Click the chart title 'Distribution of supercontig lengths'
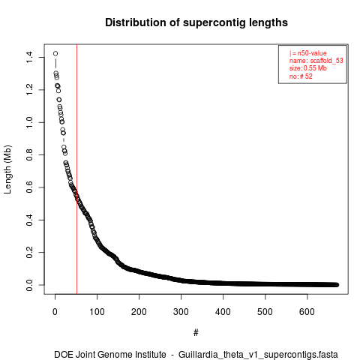196,22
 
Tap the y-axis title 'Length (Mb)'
7,169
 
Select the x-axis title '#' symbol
196,332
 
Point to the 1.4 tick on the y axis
29,57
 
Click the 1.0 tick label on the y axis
29,122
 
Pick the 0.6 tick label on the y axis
29,187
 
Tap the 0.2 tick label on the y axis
29,252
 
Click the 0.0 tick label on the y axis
29,285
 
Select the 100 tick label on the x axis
97,312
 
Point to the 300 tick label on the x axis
181,312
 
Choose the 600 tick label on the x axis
307,312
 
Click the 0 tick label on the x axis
55,312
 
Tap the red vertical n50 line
76,169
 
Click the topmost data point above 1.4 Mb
55,53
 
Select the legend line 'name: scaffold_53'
316,61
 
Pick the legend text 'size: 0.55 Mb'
308,68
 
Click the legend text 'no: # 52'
301,76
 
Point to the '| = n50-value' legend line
308,53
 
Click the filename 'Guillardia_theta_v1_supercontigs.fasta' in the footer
258,355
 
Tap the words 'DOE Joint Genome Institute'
110,354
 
